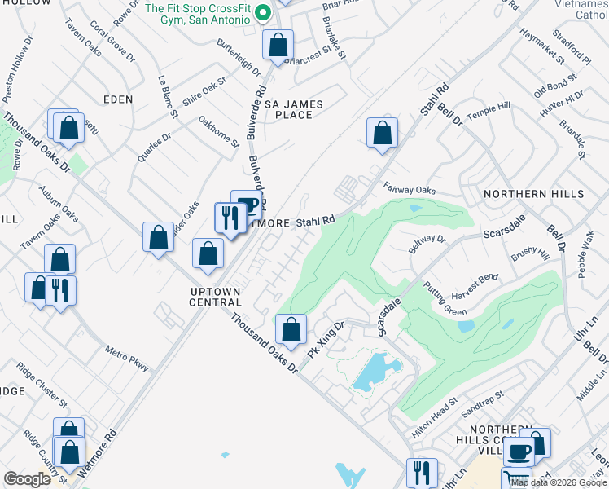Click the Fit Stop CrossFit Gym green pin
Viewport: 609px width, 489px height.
click(x=262, y=13)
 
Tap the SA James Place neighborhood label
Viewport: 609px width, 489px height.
click(x=293, y=109)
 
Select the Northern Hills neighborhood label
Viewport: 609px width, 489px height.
click(x=533, y=194)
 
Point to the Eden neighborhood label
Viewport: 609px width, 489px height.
click(x=118, y=99)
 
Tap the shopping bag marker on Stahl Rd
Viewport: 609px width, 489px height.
click(x=382, y=133)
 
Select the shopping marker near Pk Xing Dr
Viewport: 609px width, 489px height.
click(x=291, y=329)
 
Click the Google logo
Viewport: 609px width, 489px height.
click(x=28, y=479)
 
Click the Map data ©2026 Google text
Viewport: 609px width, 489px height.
click(x=557, y=482)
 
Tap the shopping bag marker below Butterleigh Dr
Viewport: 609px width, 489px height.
click(x=278, y=46)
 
